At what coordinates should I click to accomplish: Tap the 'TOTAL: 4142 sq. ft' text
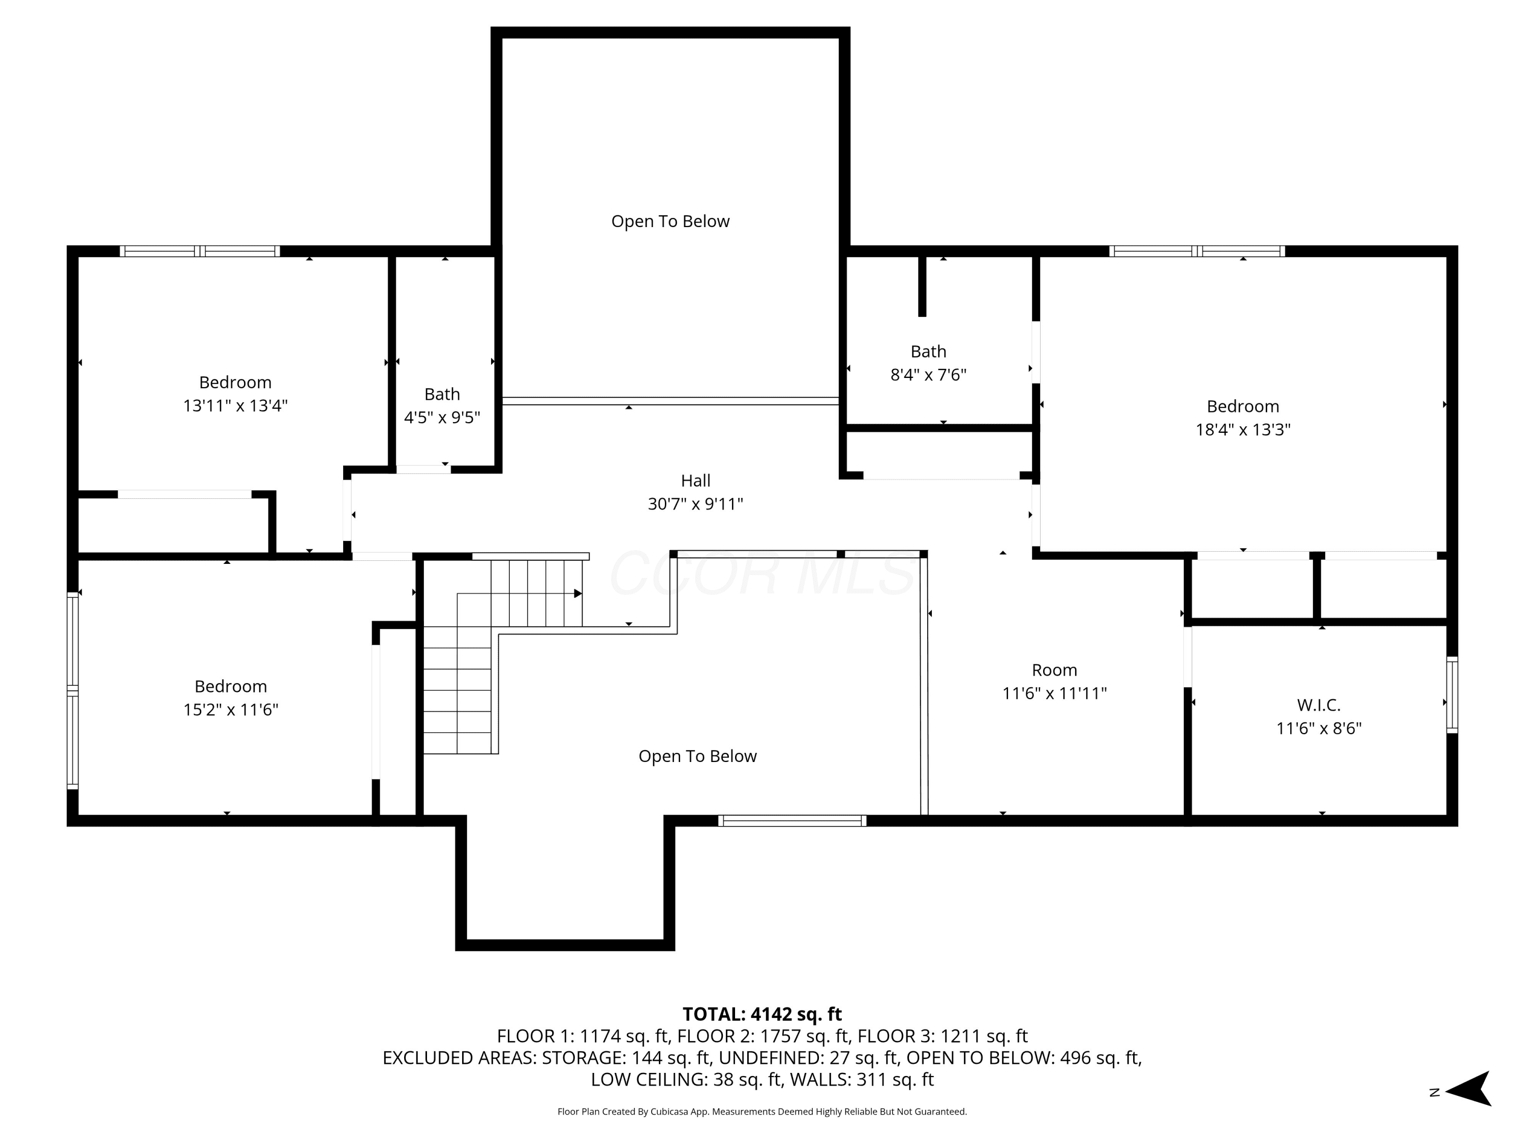pyautogui.click(x=762, y=1014)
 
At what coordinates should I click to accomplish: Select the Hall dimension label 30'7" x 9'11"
pyautogui.click(x=695, y=503)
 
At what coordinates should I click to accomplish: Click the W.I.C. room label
pyautogui.click(x=1318, y=705)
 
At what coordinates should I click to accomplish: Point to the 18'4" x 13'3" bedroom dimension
pyautogui.click(x=1242, y=429)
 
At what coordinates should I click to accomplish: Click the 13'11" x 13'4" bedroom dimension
pyautogui.click(x=234, y=405)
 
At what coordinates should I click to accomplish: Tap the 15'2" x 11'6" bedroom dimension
pyautogui.click(x=230, y=709)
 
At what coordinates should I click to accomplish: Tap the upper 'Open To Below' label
pyautogui.click(x=670, y=221)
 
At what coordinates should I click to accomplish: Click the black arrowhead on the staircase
pyautogui.click(x=578, y=593)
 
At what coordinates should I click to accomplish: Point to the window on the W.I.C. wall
pyautogui.click(x=1452, y=694)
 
